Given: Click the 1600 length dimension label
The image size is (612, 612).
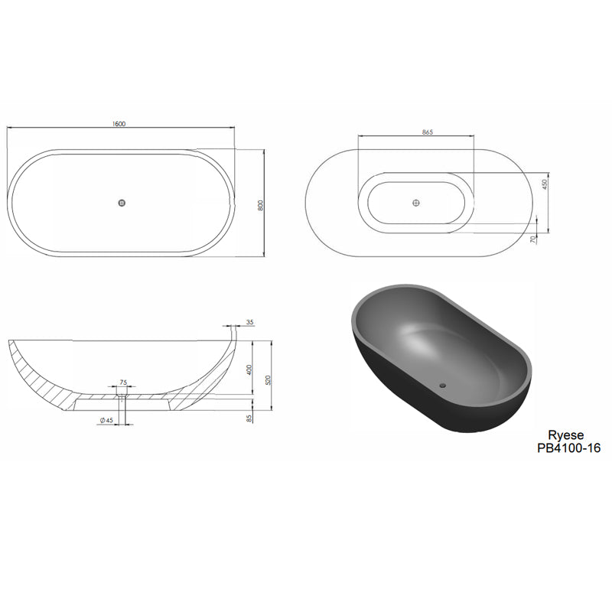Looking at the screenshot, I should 119,124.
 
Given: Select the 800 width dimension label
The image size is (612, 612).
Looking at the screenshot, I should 261,204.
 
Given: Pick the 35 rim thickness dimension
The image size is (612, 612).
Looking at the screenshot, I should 249,322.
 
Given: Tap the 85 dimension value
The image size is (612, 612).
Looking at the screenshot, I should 249,418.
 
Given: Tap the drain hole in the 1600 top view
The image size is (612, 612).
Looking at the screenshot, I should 122,203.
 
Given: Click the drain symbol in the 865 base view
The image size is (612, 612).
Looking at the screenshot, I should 415,203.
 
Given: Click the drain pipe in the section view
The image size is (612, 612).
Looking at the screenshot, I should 121,409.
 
